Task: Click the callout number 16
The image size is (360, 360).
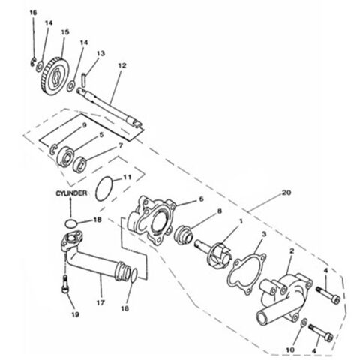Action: tap(33, 13)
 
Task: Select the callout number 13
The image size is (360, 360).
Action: tap(100, 54)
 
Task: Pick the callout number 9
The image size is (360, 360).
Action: tap(85, 124)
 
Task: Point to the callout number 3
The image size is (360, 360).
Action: tap(261, 234)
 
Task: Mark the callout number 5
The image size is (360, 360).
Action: tap(101, 135)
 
